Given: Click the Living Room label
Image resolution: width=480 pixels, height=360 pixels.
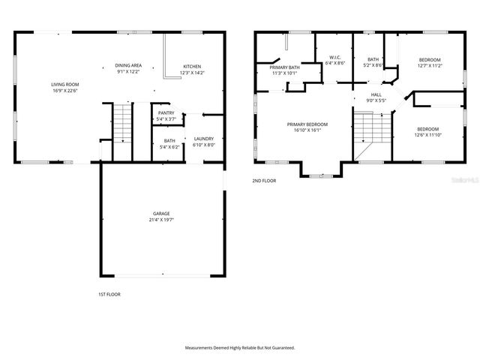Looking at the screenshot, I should pyautogui.click(x=64, y=85).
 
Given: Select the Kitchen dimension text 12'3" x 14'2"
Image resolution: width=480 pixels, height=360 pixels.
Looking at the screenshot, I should pyautogui.click(x=193, y=73).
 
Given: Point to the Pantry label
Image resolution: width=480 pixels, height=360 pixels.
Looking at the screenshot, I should pyautogui.click(x=166, y=113).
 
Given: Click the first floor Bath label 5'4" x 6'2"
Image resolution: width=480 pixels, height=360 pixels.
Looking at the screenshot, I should pyautogui.click(x=169, y=144).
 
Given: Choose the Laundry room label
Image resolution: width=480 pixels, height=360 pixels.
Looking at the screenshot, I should pyautogui.click(x=203, y=139).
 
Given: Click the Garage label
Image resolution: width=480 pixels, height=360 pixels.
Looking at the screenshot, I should pyautogui.click(x=162, y=214).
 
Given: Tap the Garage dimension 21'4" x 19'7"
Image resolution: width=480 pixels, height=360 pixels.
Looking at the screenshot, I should pyautogui.click(x=162, y=220).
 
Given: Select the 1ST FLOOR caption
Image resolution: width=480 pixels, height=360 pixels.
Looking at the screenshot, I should pyautogui.click(x=109, y=294).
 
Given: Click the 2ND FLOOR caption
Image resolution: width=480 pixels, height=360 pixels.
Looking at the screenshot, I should pyautogui.click(x=264, y=181).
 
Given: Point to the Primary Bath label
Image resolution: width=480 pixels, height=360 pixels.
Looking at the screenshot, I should pyautogui.click(x=285, y=67).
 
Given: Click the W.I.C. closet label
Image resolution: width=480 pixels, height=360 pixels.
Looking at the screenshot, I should pyautogui.click(x=334, y=57).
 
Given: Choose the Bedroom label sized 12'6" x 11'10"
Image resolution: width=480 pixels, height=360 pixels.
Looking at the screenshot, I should pyautogui.click(x=429, y=131).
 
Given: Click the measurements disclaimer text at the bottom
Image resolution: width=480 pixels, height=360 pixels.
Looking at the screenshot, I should pyautogui.click(x=240, y=348).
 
